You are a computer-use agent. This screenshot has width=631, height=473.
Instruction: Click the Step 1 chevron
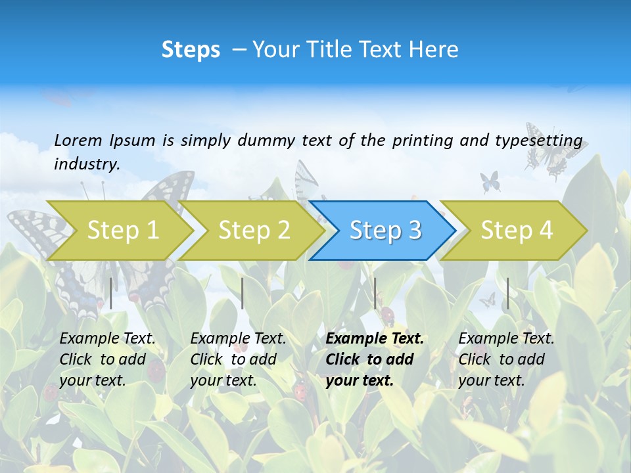tap(122, 230)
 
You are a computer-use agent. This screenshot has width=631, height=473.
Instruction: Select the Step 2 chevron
tap(253, 230)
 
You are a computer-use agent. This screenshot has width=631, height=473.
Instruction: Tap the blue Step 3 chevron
tap(385, 230)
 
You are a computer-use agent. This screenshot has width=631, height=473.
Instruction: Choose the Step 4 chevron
tap(516, 230)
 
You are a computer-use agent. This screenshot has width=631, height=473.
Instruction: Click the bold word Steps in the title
tap(191, 50)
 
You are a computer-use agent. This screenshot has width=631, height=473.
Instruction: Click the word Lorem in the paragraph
tap(78, 140)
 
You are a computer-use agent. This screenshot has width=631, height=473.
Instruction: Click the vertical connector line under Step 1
tap(111, 293)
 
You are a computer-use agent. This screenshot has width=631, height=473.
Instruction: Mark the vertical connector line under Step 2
tap(243, 293)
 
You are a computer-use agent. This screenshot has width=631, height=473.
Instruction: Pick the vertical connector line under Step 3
tap(375, 293)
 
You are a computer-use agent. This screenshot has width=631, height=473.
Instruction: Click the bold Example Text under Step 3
tap(375, 339)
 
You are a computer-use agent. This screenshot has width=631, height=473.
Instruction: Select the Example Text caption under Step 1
tap(107, 339)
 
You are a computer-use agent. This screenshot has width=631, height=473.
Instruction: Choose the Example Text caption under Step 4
tap(506, 339)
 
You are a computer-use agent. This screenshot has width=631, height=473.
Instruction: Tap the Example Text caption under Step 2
tap(238, 339)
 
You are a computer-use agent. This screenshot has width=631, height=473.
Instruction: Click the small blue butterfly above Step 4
tap(490, 181)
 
